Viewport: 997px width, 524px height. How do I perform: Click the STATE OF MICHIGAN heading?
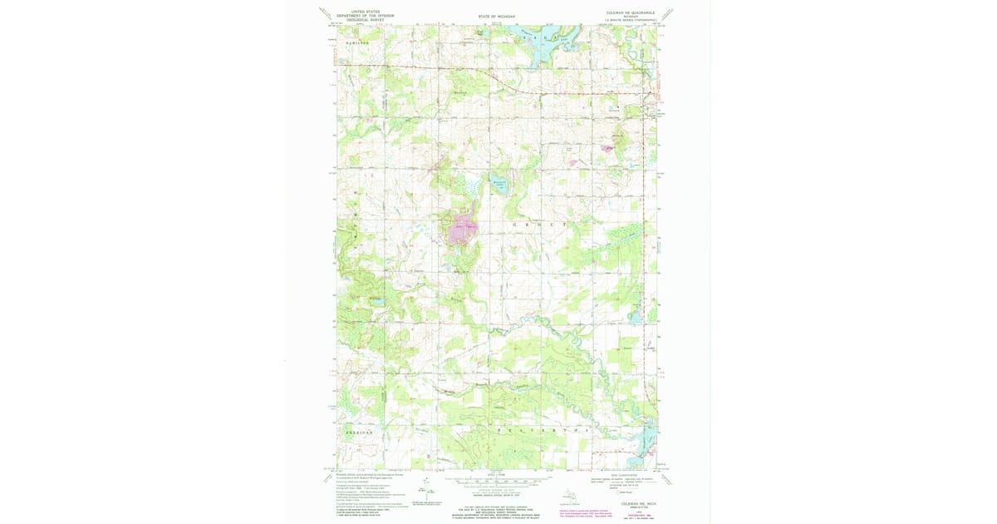(495, 16)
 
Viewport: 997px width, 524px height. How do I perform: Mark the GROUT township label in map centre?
(542, 225)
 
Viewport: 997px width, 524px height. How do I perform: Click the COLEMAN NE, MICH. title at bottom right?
(637, 504)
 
